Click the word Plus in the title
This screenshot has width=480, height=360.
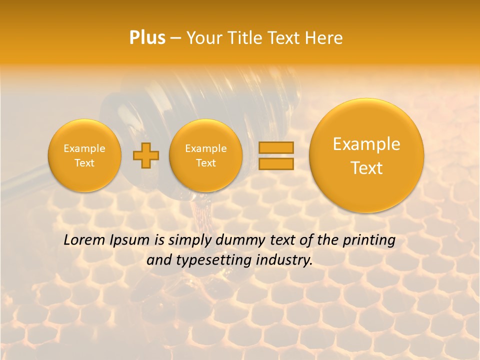pyautogui.click(x=147, y=38)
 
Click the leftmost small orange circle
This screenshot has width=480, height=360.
pyautogui.click(x=84, y=155)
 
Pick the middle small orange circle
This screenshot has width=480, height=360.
pyautogui.click(x=205, y=155)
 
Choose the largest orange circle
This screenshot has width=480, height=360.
pyautogui.click(x=366, y=155)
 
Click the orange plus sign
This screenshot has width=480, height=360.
pyautogui.click(x=145, y=155)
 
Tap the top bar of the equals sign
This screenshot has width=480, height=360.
pyautogui.click(x=276, y=147)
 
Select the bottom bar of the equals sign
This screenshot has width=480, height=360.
pyautogui.click(x=276, y=163)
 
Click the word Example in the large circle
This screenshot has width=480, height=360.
pyautogui.click(x=366, y=144)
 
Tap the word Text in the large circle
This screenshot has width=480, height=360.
pyautogui.click(x=366, y=168)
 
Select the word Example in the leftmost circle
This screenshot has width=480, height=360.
pyautogui.click(x=84, y=148)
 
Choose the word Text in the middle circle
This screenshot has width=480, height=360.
pyautogui.click(x=205, y=163)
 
